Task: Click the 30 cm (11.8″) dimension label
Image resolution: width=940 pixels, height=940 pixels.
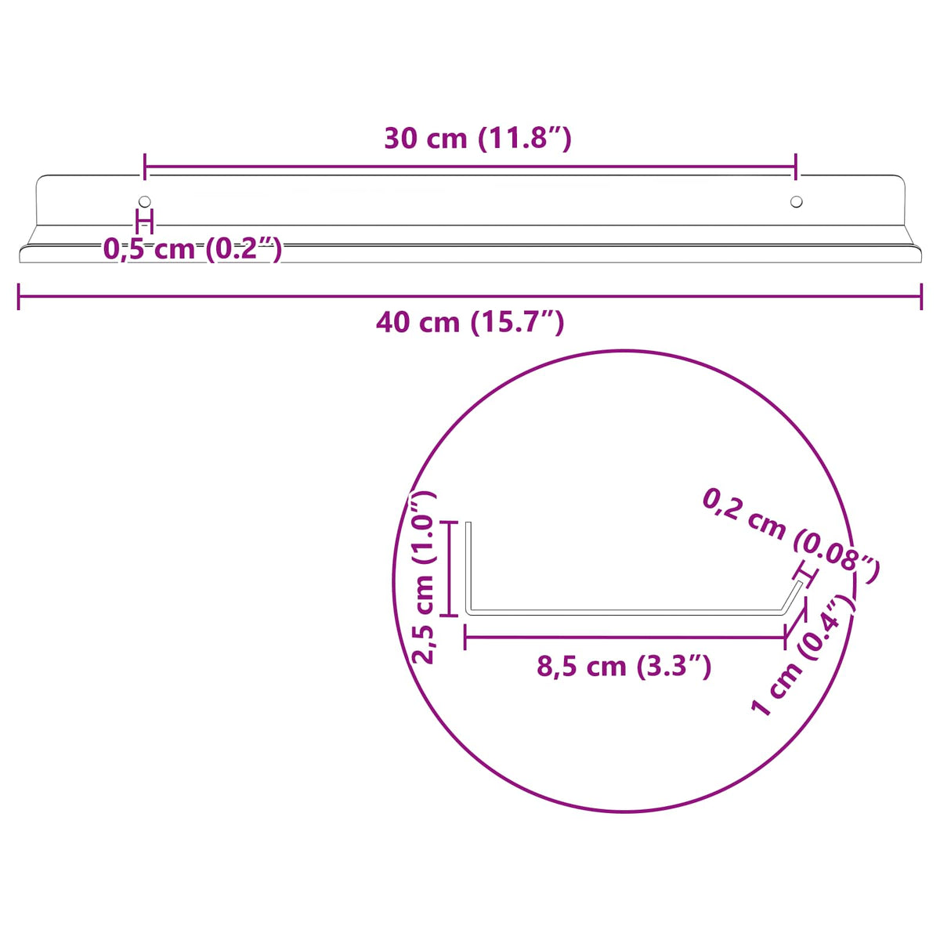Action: coord(477,139)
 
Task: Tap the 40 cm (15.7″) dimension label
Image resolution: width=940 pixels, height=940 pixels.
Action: coord(470,322)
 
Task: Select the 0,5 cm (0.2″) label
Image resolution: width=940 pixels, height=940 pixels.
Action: coord(193,249)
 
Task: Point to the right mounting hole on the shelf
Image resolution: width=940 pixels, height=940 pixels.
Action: coord(796,202)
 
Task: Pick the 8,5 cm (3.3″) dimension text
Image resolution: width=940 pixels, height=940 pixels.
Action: coord(624,667)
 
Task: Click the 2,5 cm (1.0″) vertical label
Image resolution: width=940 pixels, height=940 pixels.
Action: coord(424,577)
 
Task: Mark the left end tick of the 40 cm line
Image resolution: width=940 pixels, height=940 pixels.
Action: coord(19,297)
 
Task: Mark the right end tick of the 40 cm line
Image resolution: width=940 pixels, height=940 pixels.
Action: coord(921,297)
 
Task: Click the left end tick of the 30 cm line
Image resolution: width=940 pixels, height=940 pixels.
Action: coord(145,167)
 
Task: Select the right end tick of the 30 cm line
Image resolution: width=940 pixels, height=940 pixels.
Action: coord(796,167)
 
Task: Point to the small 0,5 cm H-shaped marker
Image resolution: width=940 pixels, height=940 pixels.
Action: coord(145,222)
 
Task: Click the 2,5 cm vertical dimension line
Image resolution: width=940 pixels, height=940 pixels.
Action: coord(449,569)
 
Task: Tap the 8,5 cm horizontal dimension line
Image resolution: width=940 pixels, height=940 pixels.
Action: coord(624,638)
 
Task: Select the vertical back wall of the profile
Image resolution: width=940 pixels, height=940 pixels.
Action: coord(468,566)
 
